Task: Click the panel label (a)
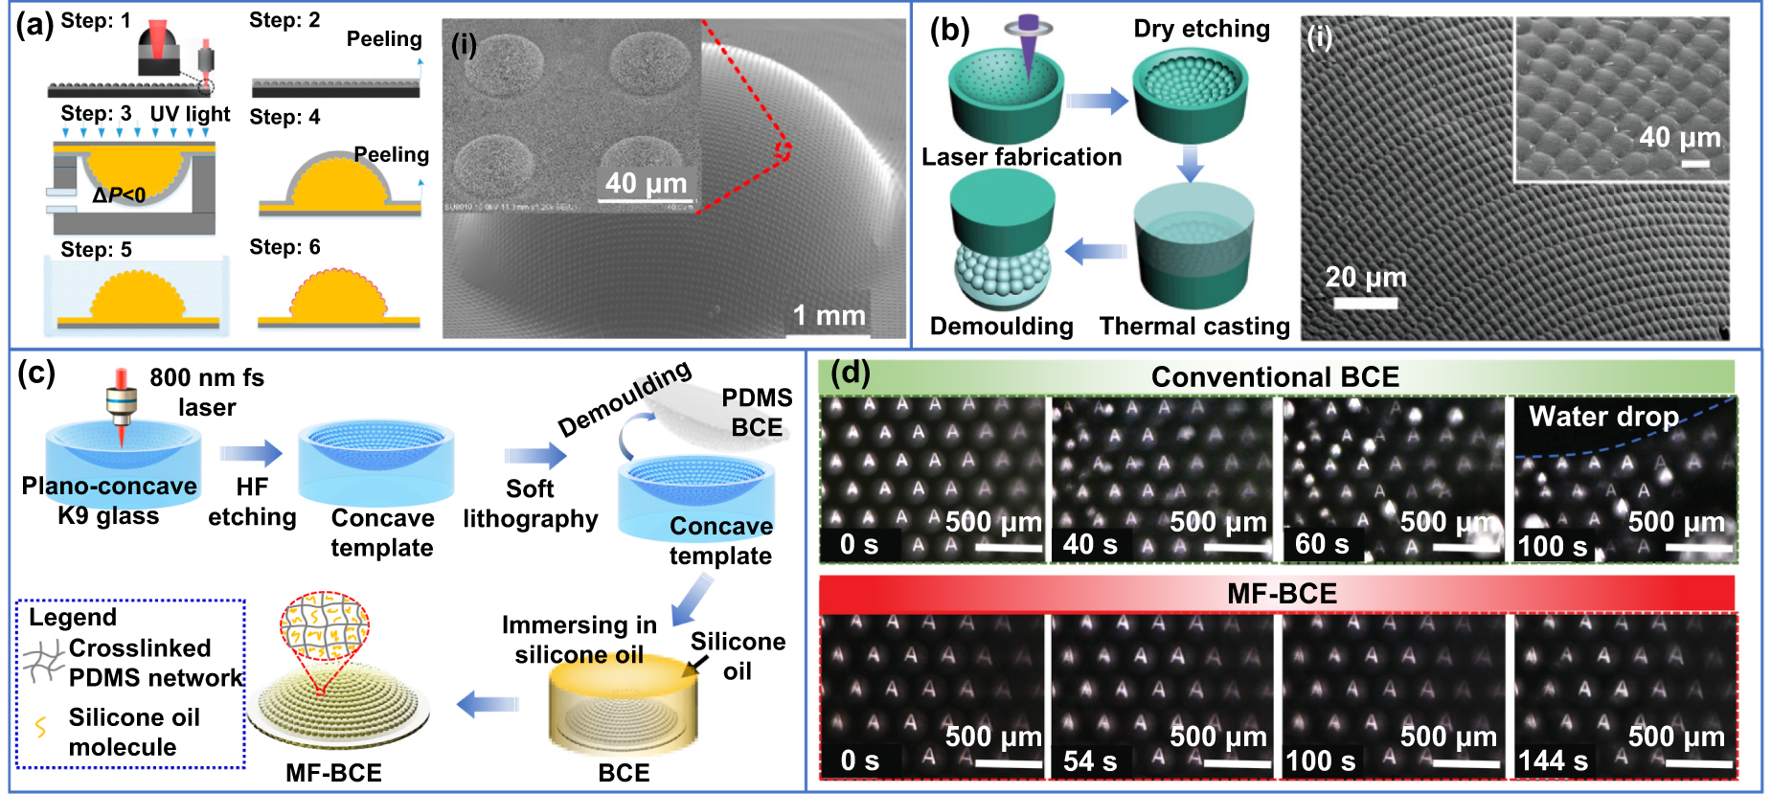(x=34, y=24)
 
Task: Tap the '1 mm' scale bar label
(x=829, y=315)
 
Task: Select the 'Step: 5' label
(x=96, y=250)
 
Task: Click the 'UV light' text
(x=190, y=114)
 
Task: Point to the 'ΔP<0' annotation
(x=119, y=195)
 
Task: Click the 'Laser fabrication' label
(x=1021, y=157)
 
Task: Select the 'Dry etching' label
(x=1201, y=29)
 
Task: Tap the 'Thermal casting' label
(x=1194, y=327)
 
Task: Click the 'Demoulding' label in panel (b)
(x=1001, y=327)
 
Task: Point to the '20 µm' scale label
(x=1365, y=278)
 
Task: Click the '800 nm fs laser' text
(x=207, y=392)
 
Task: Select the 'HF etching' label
(x=252, y=502)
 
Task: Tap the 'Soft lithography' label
(x=530, y=504)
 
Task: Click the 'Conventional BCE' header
(x=1275, y=377)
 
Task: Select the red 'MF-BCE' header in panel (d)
(x=1282, y=594)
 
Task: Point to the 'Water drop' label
(x=1603, y=417)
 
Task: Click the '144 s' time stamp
(x=1553, y=761)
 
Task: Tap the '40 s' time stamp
(x=1089, y=545)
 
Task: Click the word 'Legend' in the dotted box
(x=73, y=618)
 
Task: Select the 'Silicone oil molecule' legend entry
(x=134, y=732)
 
